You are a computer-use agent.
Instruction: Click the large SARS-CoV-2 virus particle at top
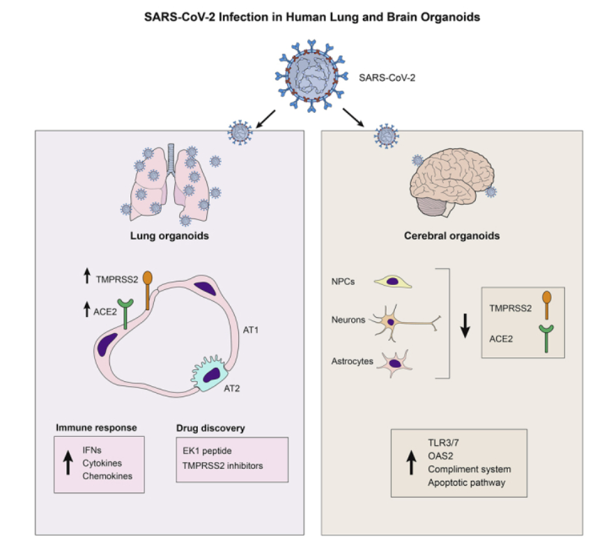[311, 76]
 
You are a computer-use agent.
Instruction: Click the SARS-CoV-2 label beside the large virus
[387, 78]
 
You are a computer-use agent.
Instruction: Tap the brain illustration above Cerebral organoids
[452, 182]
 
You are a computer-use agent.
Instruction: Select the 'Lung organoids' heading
[169, 236]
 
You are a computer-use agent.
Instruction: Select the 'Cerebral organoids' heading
[451, 236]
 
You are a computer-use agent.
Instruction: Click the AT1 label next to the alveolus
[251, 330]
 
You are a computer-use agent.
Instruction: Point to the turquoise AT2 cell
[209, 373]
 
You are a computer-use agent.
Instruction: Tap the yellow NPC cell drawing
[393, 282]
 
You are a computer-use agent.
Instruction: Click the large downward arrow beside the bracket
[465, 325]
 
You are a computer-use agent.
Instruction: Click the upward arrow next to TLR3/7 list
[411, 462]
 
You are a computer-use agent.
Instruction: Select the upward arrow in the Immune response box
[68, 463]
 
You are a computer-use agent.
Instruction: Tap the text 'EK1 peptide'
[207, 451]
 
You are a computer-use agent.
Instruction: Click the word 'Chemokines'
[107, 476]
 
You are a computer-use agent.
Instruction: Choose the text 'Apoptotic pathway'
[466, 482]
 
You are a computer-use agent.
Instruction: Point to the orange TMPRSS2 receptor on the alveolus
[147, 291]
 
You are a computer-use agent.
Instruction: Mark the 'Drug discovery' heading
[210, 428]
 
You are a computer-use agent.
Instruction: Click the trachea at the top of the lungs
[171, 158]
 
